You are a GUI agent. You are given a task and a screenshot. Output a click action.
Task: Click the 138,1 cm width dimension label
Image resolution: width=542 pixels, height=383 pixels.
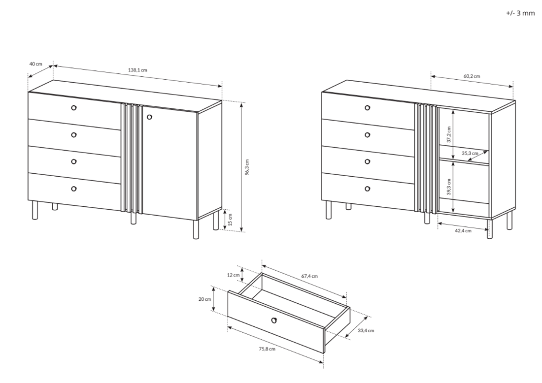coord(137,70)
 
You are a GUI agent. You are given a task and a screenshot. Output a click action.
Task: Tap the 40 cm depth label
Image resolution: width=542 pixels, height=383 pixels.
coord(35,64)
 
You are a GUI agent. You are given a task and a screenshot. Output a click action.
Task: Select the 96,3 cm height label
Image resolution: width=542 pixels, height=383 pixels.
coord(247,167)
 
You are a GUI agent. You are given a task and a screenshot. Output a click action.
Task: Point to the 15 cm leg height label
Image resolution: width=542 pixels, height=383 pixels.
coord(231,220)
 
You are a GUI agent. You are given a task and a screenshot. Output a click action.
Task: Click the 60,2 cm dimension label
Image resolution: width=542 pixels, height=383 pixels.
coord(472,76)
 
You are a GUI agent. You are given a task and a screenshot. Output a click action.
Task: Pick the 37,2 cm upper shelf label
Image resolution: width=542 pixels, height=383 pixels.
coord(449,134)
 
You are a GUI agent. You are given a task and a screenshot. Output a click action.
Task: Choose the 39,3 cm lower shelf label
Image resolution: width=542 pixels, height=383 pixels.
coord(449,187)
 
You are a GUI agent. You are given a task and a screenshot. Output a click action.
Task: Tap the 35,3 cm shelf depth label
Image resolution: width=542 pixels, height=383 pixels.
coord(470,153)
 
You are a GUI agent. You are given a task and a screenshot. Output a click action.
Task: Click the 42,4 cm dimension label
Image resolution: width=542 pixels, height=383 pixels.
coord(463,231)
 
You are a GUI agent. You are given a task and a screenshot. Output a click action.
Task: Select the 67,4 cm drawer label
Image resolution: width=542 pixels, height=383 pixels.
coord(309,276)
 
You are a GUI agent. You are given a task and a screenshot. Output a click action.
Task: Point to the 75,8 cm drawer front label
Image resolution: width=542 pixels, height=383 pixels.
coord(267,349)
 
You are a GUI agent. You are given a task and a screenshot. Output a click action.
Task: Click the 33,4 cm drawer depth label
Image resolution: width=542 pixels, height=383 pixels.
coord(366,330)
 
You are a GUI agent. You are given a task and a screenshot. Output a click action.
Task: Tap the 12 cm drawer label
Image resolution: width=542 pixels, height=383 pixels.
coord(234,275)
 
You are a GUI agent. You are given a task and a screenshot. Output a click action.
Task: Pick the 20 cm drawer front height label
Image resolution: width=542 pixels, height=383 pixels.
coord(204,299)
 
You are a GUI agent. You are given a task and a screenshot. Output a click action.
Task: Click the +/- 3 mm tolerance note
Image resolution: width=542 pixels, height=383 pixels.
coord(520,13)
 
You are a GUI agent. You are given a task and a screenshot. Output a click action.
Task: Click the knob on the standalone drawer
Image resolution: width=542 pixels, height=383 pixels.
coord(274,320)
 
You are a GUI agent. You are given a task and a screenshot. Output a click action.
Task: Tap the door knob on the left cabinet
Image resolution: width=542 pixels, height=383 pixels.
coord(149,118)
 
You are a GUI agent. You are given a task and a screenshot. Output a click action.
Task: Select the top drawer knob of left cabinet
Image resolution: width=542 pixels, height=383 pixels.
coord(73,108)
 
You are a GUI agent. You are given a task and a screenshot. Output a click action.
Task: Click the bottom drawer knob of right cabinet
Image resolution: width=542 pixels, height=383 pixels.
coord(367,189)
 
